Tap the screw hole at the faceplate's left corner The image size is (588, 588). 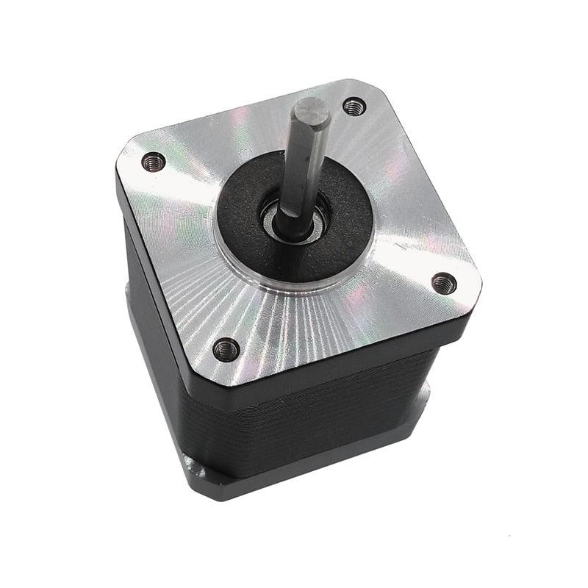tap(154, 160)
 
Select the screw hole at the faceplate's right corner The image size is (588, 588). tap(443, 282)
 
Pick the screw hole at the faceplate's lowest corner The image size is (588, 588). tap(226, 348)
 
